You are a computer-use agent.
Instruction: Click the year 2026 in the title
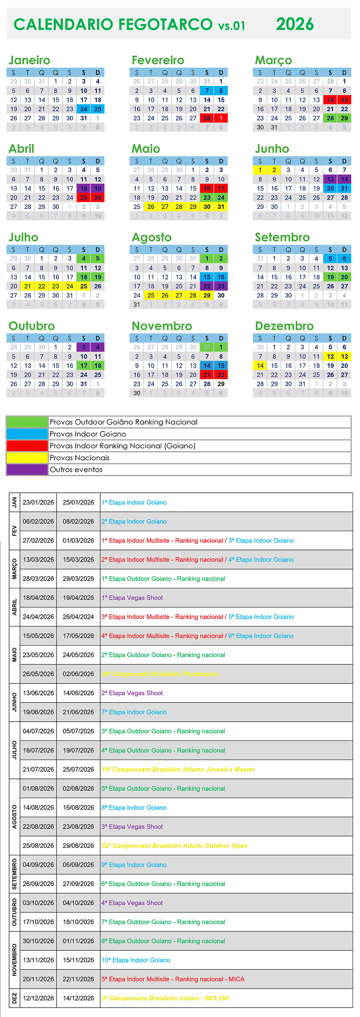[x=295, y=24]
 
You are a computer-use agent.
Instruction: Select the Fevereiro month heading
[x=158, y=60]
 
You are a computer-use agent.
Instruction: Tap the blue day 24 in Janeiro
[x=84, y=109]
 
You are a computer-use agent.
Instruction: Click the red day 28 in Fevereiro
[x=207, y=118]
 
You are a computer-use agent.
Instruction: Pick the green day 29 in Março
[x=344, y=118]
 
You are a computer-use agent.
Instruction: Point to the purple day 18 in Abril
[x=84, y=188]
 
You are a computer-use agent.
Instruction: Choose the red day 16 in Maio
[x=207, y=188]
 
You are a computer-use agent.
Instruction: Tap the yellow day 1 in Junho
[x=260, y=170]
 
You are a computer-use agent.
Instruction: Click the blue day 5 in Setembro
[x=330, y=259]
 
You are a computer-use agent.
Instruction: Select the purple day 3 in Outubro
[x=84, y=347]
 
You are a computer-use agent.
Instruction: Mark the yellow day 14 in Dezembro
[x=260, y=366]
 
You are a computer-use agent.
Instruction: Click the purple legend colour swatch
[x=27, y=469]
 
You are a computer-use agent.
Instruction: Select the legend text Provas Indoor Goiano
[x=88, y=434]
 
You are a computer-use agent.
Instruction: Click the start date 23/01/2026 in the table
[x=38, y=502]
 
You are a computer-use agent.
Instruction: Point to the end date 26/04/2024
[x=78, y=617]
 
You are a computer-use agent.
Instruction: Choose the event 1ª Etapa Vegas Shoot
[x=132, y=598]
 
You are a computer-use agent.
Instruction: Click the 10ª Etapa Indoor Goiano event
[x=136, y=960]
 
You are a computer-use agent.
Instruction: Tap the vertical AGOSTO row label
[x=14, y=817]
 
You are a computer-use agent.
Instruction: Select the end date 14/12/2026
[x=78, y=998]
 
